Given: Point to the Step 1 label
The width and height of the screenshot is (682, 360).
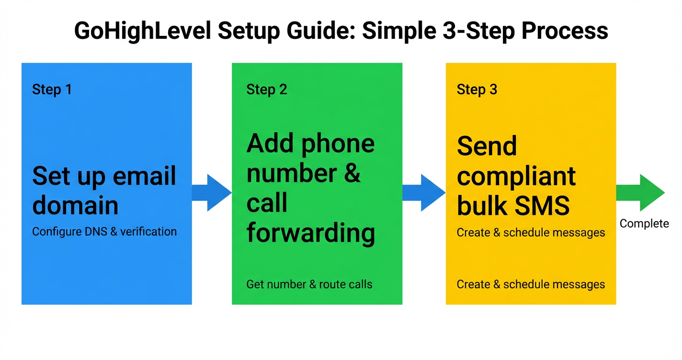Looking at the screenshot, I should click(52, 90).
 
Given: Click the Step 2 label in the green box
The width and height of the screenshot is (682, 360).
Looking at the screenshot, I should click(267, 90).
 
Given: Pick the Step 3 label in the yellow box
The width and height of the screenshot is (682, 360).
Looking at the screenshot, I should click(477, 90).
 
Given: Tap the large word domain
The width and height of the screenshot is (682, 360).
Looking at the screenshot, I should click(75, 205).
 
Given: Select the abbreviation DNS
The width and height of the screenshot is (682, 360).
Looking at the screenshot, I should click(97, 232).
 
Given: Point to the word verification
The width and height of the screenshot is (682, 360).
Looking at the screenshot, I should click(148, 232).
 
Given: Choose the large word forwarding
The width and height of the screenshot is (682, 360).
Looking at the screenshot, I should click(310, 233).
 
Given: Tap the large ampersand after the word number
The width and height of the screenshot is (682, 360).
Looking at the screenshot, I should click(352, 173).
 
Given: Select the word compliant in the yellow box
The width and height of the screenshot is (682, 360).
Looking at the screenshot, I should click(516, 176).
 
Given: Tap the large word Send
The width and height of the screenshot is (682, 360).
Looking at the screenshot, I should click(487, 146).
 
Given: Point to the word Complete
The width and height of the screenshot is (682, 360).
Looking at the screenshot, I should click(644, 224).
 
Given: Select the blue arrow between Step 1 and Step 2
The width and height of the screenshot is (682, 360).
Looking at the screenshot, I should click(212, 192).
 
